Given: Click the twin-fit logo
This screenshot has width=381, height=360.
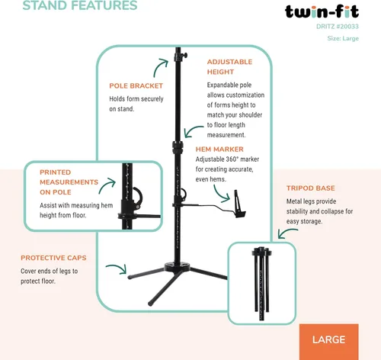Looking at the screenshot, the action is pos(322,11).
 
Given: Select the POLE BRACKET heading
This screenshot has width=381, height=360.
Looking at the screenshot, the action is pos(136,86).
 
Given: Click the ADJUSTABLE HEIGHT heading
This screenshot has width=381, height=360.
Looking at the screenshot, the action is pos(229,67).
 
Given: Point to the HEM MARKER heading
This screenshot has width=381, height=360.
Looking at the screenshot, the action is pos(219,149).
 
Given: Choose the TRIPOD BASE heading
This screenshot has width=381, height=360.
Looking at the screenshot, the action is pos(311,188).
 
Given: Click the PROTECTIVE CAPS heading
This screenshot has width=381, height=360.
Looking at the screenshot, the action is pos(53,258).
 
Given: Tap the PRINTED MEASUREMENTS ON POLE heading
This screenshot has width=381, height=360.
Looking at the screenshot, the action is pos(69,182).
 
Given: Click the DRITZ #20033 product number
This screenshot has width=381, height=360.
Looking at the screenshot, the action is pos(338,27).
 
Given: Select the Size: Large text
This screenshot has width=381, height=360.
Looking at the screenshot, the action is pos(343,38).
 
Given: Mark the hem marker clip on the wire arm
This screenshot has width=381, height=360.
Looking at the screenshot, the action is pos(239,204).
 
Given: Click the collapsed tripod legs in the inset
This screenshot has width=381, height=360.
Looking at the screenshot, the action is pos(261,283).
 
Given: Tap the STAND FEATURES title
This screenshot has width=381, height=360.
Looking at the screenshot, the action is pos(80,5).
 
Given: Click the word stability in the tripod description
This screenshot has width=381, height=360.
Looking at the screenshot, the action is pos(297,211).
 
